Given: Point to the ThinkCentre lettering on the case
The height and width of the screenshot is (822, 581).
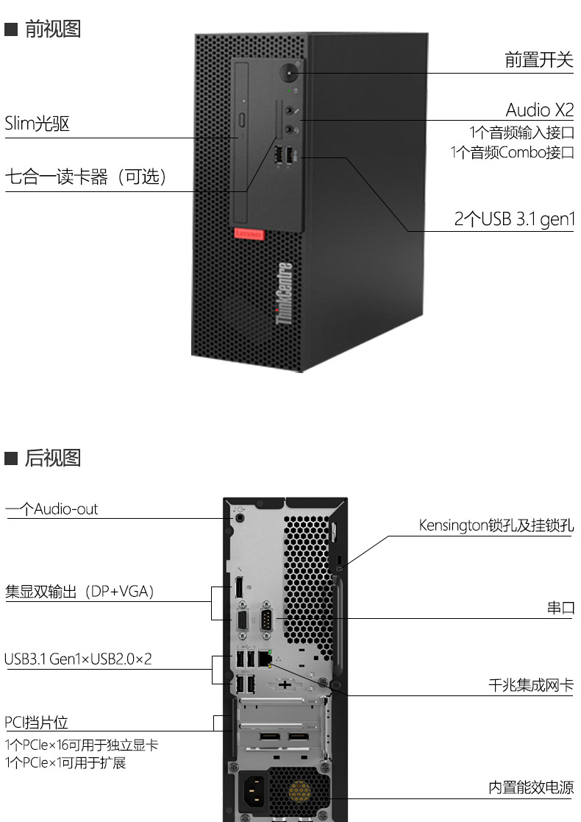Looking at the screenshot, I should coord(285,293).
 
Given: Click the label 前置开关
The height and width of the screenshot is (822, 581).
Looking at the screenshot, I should coord(538,60).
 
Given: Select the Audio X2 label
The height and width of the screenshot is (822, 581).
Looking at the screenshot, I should coord(539,110).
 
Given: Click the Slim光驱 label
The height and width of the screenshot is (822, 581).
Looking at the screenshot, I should coord(37,124).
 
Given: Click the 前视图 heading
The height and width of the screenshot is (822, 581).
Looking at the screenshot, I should coord(52,29).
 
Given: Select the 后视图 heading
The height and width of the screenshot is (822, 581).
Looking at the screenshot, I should coord(52,458).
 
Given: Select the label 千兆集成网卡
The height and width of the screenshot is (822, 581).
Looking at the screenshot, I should coord(530,685).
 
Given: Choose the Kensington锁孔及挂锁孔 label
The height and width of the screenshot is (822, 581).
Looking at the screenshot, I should coord(496,525).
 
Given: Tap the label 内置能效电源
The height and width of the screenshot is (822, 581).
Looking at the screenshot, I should coord(530,787).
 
